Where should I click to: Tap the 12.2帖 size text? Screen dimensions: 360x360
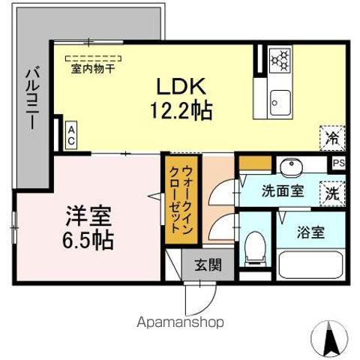click(x=180, y=111)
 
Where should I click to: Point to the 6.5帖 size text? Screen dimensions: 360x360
click(x=88, y=241)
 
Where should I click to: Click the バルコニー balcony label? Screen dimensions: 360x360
click(x=32, y=97)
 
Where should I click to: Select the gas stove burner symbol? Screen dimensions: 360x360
click(x=280, y=60)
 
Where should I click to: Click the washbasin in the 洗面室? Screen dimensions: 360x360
click(x=289, y=166)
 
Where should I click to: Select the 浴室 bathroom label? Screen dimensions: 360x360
click(x=309, y=232)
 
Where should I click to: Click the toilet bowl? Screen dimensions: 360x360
click(x=255, y=246)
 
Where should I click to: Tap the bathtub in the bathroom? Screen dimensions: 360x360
click(x=310, y=265)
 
